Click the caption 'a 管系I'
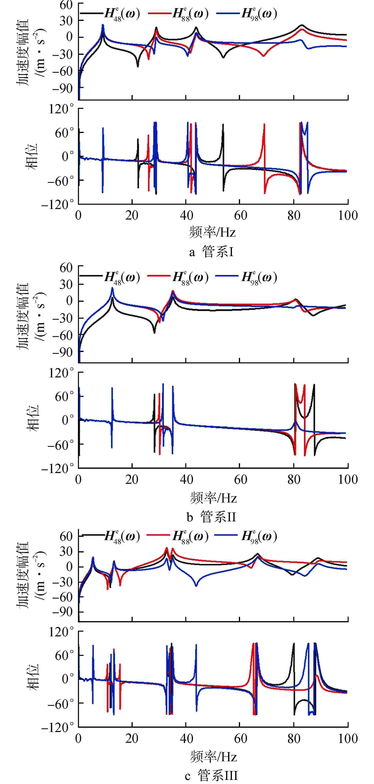click(211, 252)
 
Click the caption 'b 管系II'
click(211, 517)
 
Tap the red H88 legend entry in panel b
click(178, 277)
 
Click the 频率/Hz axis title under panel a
click(212, 233)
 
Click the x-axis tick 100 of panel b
click(348, 480)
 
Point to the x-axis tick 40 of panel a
click(186, 216)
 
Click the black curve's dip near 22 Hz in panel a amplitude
click(138, 66)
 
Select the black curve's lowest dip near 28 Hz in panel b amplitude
click(154, 332)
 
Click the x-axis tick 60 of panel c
click(240, 739)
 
